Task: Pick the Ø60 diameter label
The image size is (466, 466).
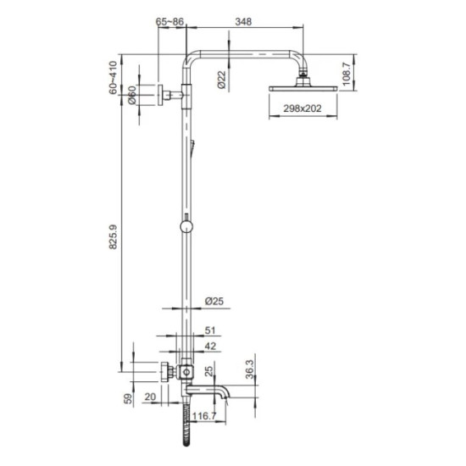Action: pos(133,97)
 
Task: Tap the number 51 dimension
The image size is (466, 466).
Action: pos(211,333)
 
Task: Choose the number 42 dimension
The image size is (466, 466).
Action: pos(211,347)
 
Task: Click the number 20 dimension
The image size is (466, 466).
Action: pos(150,396)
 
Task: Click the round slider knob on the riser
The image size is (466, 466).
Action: pos(185,227)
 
